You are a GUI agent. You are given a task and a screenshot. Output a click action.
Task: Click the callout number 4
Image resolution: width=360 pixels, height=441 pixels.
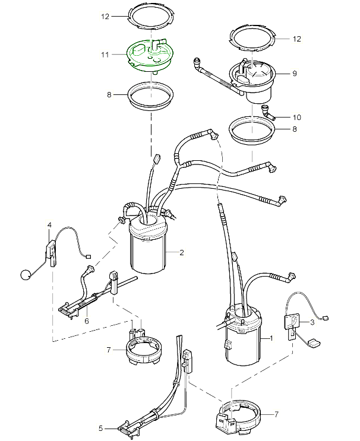[x=49, y=224]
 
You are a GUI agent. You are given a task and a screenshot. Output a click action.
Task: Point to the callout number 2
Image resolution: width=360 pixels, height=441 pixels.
[x=182, y=252]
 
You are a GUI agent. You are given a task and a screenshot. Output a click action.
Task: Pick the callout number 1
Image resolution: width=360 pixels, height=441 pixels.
[x=271, y=338]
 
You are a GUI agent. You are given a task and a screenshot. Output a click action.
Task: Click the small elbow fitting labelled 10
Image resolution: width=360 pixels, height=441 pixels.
[x=267, y=112]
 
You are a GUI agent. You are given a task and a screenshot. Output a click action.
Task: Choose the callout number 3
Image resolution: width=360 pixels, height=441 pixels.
[x=311, y=322]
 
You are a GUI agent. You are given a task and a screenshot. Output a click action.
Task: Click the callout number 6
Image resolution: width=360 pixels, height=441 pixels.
[x=87, y=321]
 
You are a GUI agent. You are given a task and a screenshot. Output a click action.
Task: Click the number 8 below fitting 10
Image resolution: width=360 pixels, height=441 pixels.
[x=294, y=128]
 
